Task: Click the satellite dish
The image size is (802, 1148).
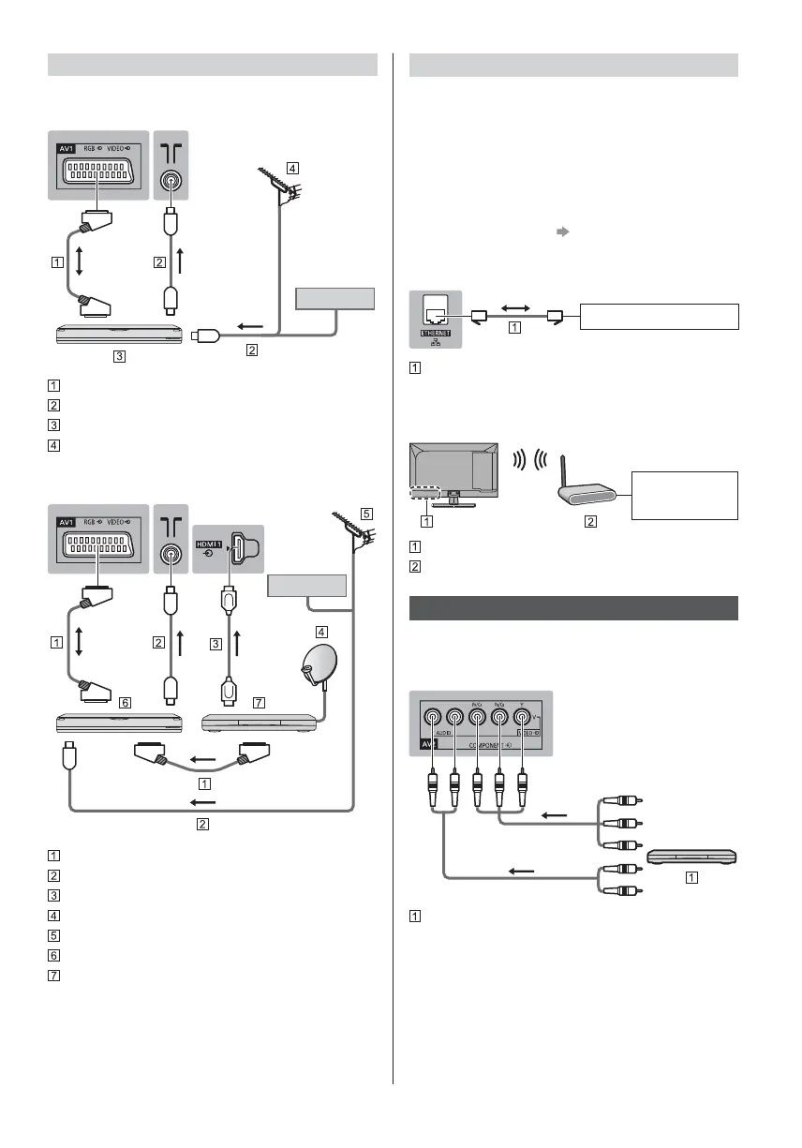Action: [314, 668]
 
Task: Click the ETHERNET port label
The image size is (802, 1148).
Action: [436, 334]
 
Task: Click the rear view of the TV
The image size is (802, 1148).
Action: [455, 473]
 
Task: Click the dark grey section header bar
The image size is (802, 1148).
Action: [573, 607]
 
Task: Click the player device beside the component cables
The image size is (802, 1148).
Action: [691, 857]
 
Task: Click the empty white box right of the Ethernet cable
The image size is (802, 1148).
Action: [661, 316]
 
